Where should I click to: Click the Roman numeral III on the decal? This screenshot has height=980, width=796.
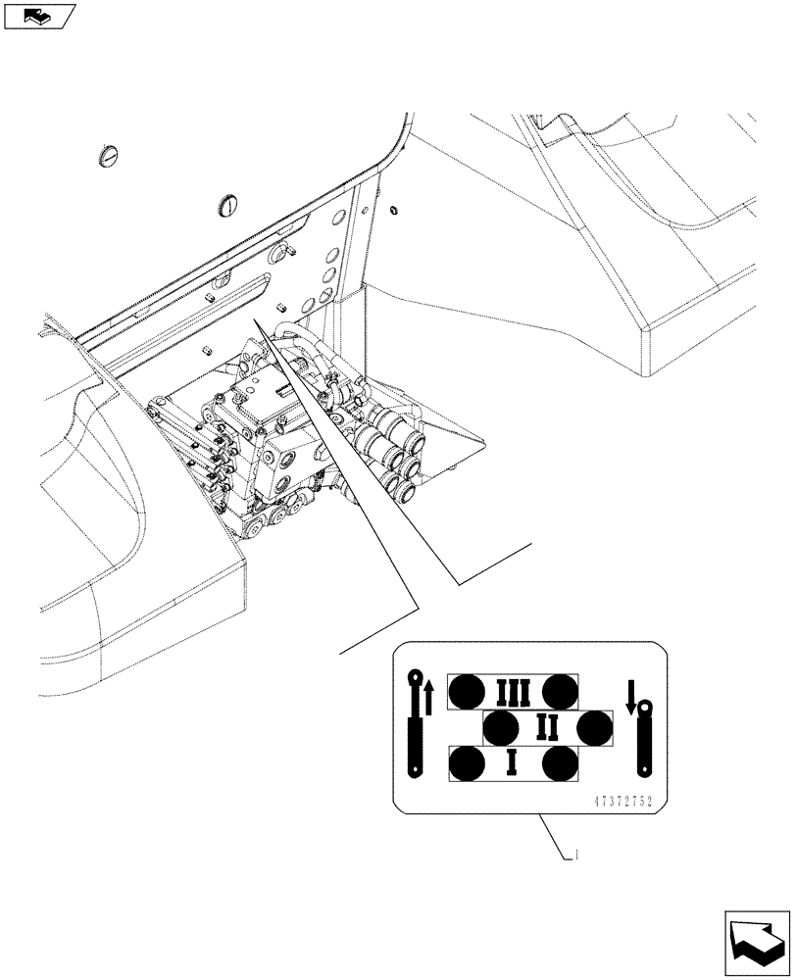pyautogui.click(x=513, y=693)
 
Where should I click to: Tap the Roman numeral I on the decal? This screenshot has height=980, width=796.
pyautogui.click(x=512, y=763)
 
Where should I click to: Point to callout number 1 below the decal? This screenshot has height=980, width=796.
pyautogui.click(x=577, y=855)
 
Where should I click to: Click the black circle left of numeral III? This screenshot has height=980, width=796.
pyautogui.click(x=466, y=693)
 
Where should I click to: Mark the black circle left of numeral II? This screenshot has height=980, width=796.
pyautogui.click(x=501, y=728)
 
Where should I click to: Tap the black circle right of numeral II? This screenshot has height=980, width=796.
pyautogui.click(x=594, y=728)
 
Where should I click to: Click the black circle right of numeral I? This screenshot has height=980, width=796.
pyautogui.click(x=560, y=763)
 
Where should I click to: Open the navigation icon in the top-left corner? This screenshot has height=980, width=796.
pyautogui.click(x=39, y=15)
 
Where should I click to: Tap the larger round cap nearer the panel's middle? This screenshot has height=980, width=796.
pyautogui.click(x=226, y=206)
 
